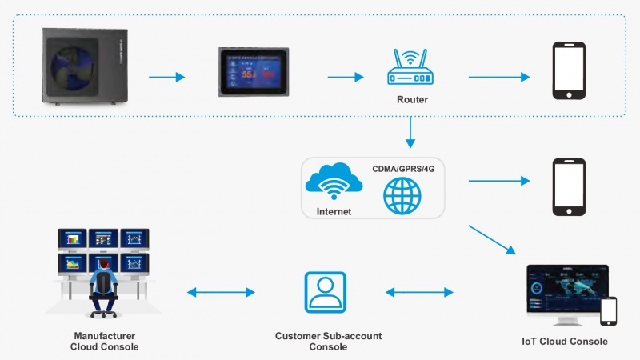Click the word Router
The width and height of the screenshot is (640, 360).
point(412,101)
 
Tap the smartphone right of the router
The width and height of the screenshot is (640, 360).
point(570,71)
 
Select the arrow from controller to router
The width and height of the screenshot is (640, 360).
point(346,78)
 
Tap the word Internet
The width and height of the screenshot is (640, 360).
point(334,212)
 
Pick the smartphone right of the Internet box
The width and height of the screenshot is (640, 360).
point(570,186)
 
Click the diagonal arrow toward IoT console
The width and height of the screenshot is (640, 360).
point(492,239)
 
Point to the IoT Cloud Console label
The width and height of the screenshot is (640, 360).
point(565,342)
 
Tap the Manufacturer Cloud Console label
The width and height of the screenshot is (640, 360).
point(105,342)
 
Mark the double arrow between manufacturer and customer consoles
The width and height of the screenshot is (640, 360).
point(221,293)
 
